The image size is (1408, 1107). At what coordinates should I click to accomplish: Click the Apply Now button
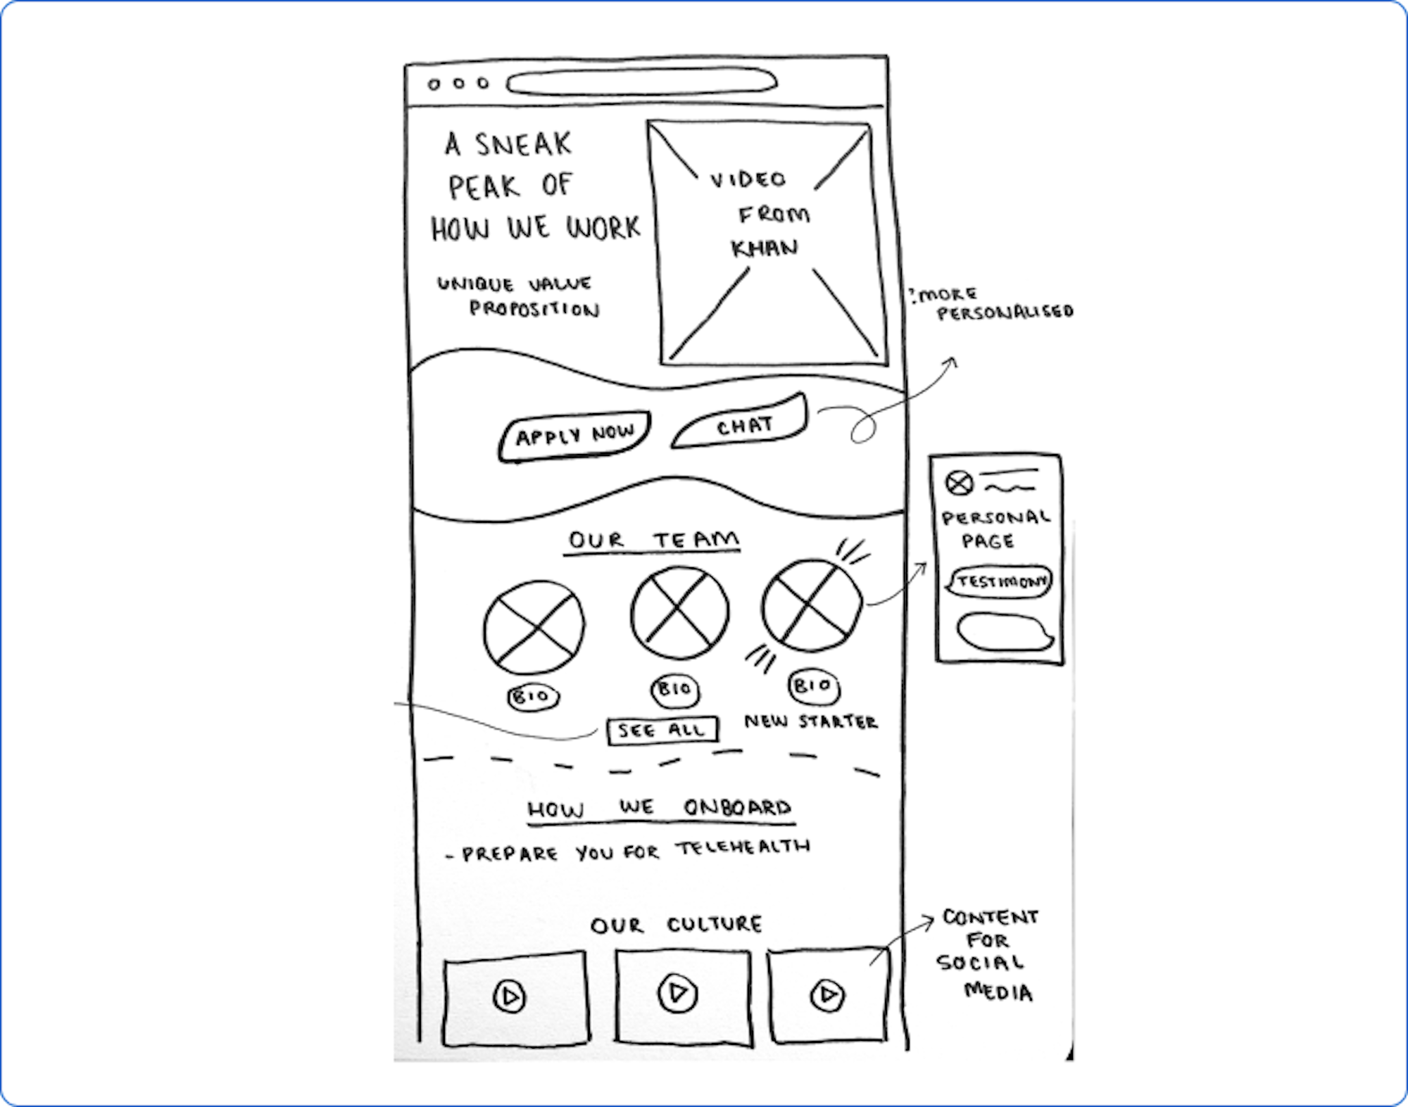[x=574, y=436]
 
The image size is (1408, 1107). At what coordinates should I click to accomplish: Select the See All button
[x=662, y=730]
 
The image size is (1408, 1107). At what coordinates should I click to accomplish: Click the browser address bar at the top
[x=641, y=82]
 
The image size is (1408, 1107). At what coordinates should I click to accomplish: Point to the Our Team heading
[x=653, y=540]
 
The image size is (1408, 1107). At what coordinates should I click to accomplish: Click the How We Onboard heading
[x=660, y=808]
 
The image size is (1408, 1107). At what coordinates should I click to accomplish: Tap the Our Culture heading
[x=676, y=924]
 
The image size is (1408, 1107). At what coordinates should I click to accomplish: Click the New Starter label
[x=811, y=721]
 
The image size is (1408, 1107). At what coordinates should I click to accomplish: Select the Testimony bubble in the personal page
[x=1000, y=582]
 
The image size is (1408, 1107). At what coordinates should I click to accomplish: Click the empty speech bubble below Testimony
[x=1004, y=632]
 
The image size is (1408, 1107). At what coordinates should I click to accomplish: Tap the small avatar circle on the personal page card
[x=959, y=483]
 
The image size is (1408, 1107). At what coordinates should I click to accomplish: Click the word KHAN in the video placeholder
[x=765, y=248]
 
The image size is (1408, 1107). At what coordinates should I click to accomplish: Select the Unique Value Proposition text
[x=517, y=296]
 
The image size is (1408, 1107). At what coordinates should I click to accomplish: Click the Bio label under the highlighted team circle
[x=813, y=686]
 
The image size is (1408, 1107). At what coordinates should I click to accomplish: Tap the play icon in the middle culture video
[x=677, y=993]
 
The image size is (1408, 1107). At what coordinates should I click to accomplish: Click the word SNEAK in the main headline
[x=522, y=145]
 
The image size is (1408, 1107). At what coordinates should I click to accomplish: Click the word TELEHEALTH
[x=743, y=847]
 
